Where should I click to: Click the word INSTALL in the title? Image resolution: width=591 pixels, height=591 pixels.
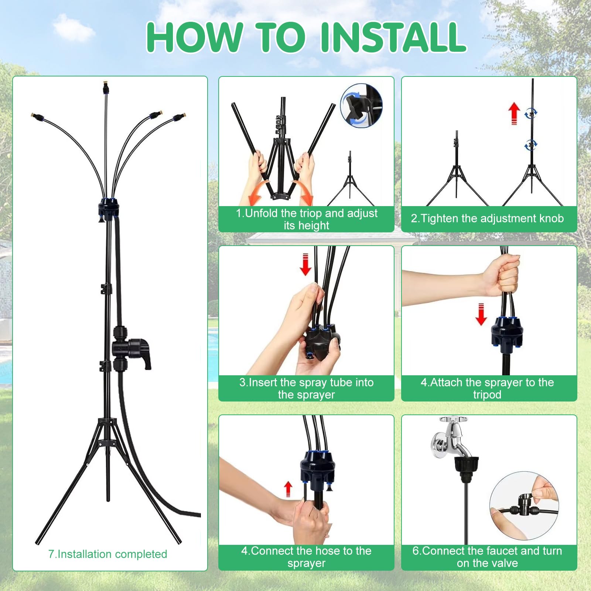point(394,37)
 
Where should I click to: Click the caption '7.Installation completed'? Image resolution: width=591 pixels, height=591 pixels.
point(107,554)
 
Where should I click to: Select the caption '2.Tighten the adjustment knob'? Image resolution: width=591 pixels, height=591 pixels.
point(487,218)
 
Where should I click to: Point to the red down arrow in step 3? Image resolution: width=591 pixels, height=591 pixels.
point(305,264)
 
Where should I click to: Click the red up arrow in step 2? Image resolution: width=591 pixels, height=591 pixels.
point(514,113)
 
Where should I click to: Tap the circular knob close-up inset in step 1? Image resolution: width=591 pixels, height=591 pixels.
point(361,106)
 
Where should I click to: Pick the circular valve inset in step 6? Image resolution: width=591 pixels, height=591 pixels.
point(524,506)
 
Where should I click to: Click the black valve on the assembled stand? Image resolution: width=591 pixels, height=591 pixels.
point(131,348)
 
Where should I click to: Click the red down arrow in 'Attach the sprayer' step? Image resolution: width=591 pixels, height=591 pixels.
point(481,314)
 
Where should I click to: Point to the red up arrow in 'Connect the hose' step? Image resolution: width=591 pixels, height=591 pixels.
point(288,489)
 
